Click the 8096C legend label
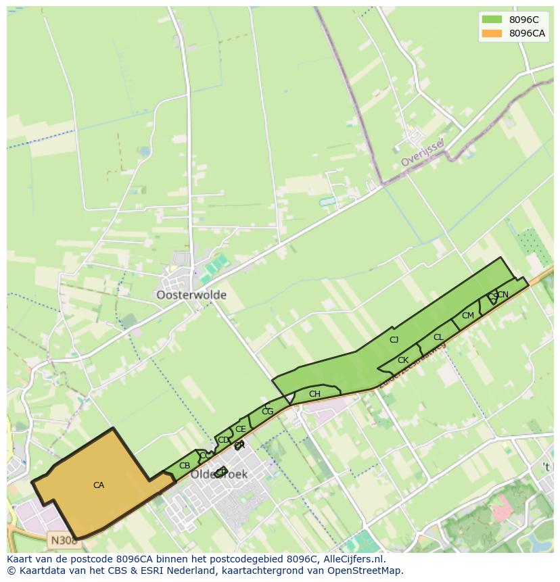coord(523,20)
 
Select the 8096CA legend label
coord(527,33)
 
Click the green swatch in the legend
coord(492,20)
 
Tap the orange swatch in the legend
coord(492,33)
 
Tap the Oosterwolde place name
coord(191,295)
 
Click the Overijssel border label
coord(421,153)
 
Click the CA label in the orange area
coord(99,485)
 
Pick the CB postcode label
coord(185,466)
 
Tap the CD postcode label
coord(223,440)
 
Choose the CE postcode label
coord(240,429)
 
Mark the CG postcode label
coord(267,412)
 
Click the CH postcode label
coord(314,394)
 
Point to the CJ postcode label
coord(394,340)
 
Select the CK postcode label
coord(402,360)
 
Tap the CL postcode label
coord(438,337)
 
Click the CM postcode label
coord(468,316)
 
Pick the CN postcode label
coord(503,295)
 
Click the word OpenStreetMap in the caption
coord(359,571)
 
